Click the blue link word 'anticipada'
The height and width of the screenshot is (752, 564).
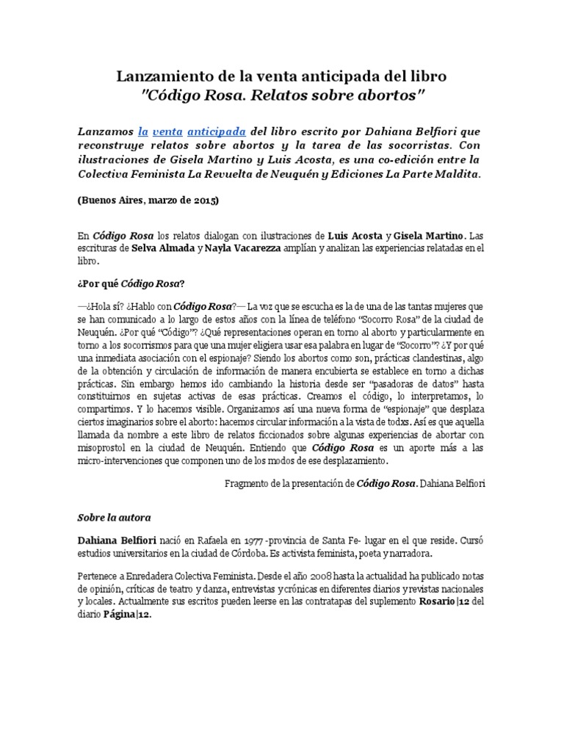[215, 131]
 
